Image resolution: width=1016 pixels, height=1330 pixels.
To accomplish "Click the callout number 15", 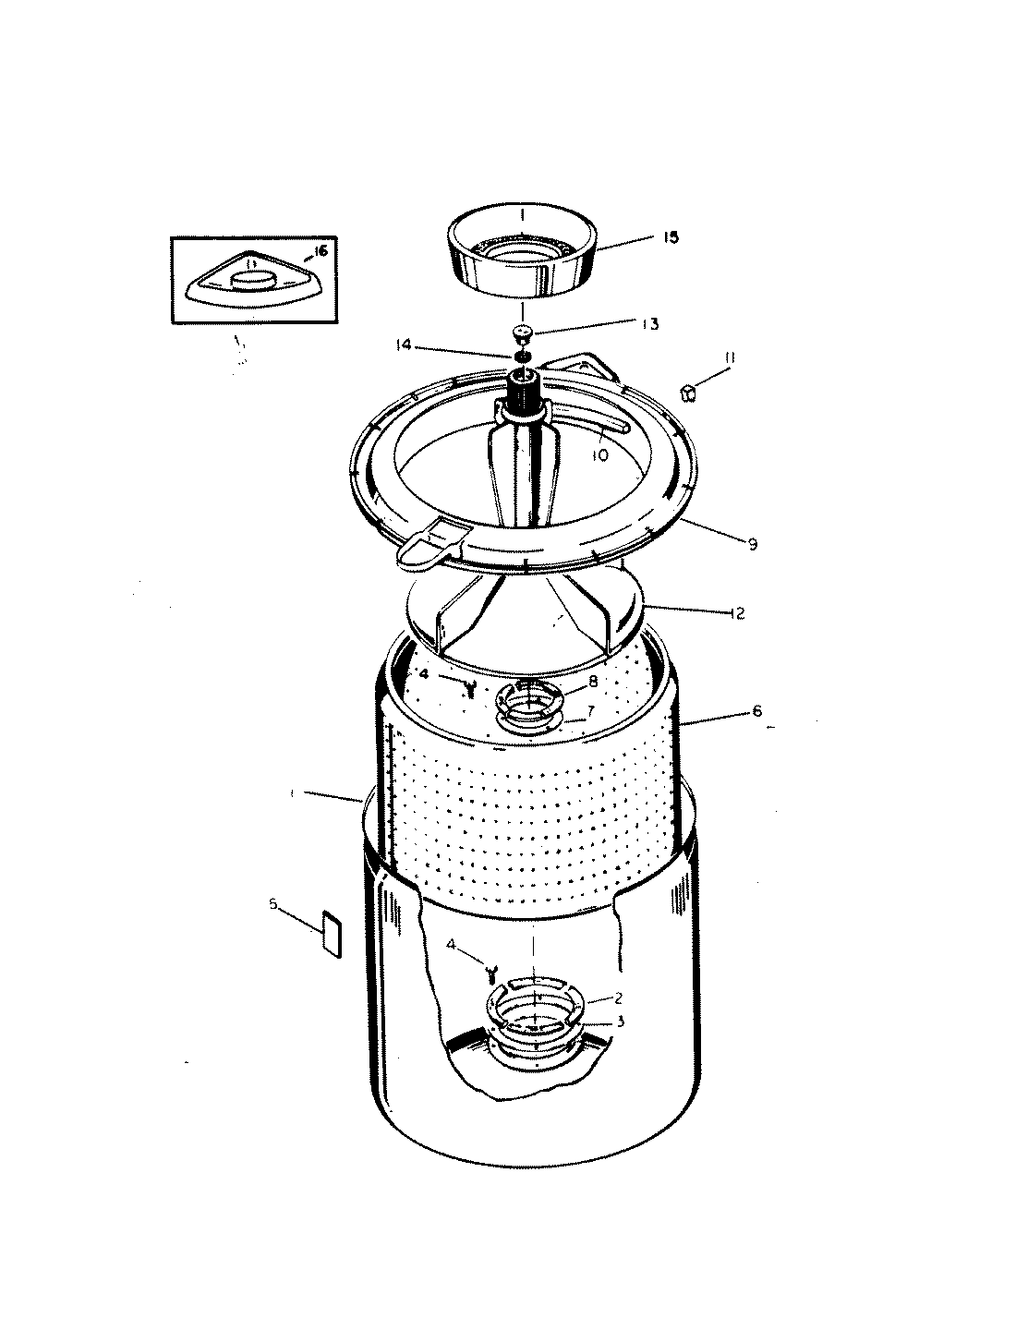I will (x=671, y=237).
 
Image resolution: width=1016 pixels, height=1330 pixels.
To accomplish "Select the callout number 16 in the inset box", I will (x=321, y=251).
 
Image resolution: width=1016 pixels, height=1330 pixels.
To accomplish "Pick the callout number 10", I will (x=601, y=454).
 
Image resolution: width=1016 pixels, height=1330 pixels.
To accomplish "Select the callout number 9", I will (x=753, y=545).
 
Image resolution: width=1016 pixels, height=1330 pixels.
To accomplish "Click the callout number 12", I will (x=736, y=612).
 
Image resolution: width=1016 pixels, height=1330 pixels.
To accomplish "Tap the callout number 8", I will (x=593, y=680).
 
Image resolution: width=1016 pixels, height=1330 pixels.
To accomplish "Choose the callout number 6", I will (x=757, y=710).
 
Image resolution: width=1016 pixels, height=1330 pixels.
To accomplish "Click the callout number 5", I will (x=273, y=905).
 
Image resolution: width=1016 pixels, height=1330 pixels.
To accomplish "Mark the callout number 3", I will (x=621, y=1022).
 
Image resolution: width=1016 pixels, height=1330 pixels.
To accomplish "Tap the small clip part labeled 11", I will (x=688, y=394).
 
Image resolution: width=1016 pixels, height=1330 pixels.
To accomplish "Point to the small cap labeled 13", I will (x=524, y=332).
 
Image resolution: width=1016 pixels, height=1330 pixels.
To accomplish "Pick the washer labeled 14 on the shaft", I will (x=521, y=357).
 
